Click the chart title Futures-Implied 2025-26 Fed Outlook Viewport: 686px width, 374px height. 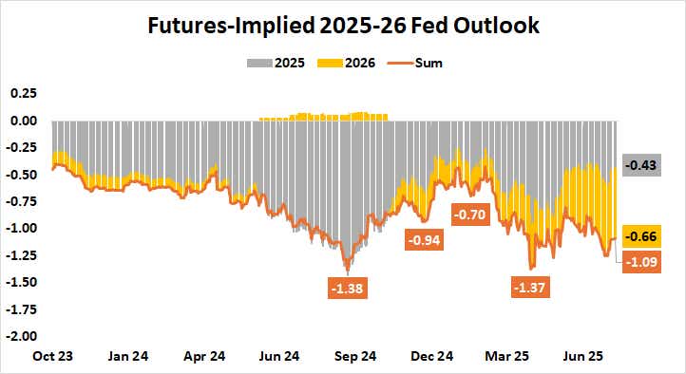[x=343, y=25]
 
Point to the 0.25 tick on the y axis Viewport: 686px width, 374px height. [x=24, y=94]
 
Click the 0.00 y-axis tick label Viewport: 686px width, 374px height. [x=24, y=121]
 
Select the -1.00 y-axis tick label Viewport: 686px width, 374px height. [x=22, y=228]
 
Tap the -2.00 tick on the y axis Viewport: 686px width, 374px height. [x=22, y=335]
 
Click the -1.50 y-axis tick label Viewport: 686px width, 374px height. [x=22, y=282]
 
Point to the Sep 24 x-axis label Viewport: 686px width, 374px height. [x=356, y=356]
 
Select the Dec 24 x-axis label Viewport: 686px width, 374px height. [x=432, y=356]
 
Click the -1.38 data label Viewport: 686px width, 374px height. [x=349, y=288]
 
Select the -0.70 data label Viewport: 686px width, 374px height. [x=470, y=215]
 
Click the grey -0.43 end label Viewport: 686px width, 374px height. [x=642, y=166]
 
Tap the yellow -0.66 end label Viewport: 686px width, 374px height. [x=642, y=236]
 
